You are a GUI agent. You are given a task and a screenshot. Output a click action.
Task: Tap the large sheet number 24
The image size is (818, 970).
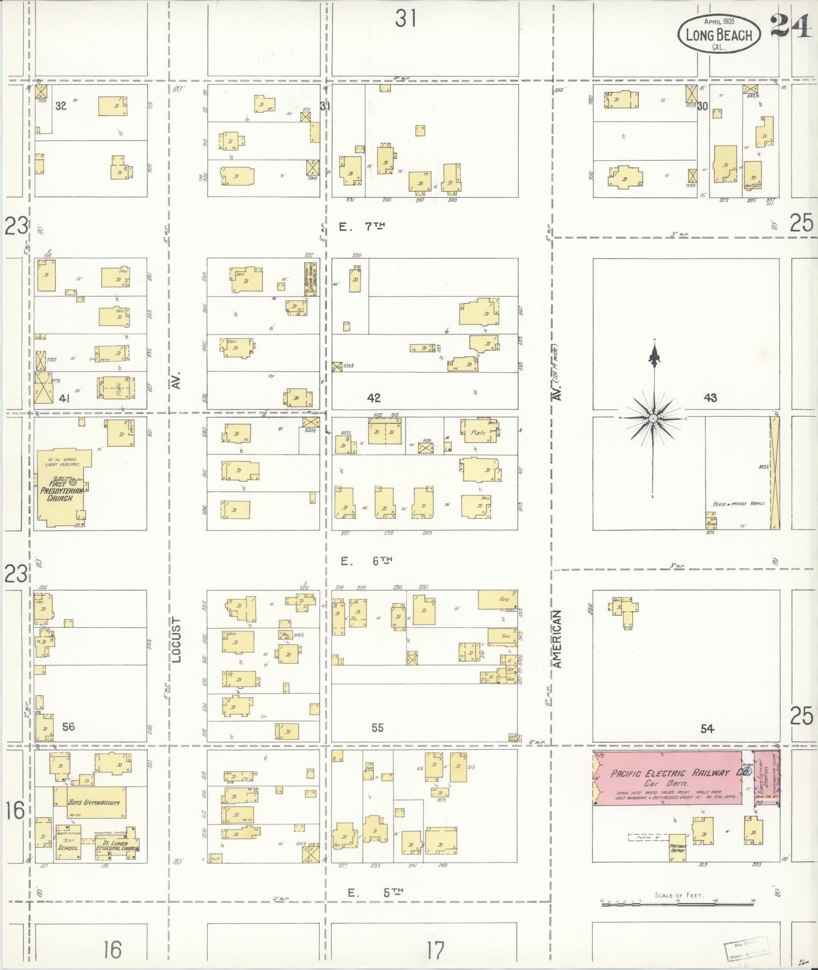click(x=790, y=27)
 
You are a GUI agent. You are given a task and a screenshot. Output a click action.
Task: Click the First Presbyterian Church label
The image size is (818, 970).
click(x=60, y=491)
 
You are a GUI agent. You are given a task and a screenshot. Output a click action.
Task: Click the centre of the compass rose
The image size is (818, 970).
click(x=653, y=418)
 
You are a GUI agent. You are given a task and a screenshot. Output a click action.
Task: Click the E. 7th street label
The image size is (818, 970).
click(x=362, y=227)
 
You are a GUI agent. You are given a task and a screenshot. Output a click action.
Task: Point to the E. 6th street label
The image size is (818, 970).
click(x=367, y=561)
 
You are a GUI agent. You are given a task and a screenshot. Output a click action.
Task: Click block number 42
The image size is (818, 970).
click(x=374, y=398)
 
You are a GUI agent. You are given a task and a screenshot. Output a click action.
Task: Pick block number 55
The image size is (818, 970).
click(x=377, y=728)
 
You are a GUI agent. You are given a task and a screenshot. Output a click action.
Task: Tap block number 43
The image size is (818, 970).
click(x=710, y=398)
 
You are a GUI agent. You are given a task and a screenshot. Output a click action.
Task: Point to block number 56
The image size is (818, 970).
click(x=68, y=727)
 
